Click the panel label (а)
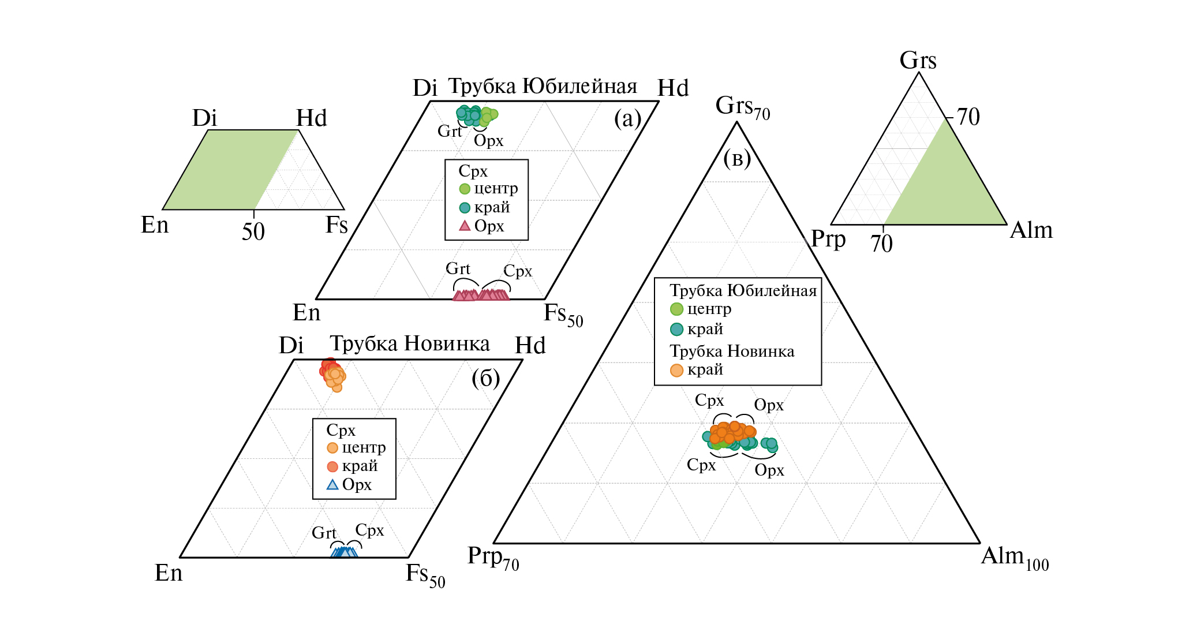627,119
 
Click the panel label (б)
485,379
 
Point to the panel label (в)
737,158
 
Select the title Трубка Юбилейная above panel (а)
543,87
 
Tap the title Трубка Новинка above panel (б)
410,344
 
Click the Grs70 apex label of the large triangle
742,107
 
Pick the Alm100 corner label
1015,557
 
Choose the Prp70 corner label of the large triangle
493,557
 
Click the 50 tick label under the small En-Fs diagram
253,232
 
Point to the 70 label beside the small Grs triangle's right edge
968,117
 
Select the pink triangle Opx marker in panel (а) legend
465,226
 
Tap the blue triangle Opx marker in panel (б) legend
332,485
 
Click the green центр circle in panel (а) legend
465,189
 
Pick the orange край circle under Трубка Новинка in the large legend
676,371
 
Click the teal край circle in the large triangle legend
676,330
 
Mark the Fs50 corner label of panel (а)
563,315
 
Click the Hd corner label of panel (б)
530,346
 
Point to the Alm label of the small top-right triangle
1031,230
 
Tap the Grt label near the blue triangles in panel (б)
324,533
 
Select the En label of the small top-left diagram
155,225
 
